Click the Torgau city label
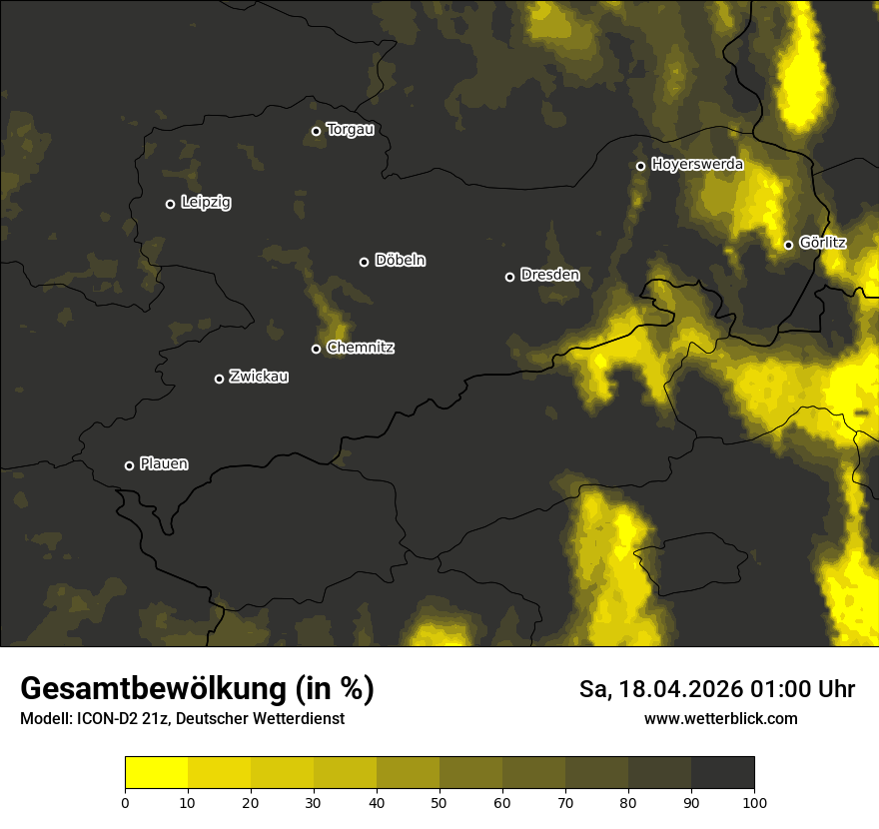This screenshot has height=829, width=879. [x=350, y=130]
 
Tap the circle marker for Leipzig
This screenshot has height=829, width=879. [x=170, y=204]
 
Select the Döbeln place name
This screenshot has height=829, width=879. [x=400, y=261]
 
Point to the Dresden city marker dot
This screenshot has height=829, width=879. [x=509, y=277]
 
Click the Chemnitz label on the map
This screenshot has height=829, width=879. [x=360, y=348]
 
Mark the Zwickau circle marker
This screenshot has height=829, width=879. [x=219, y=379]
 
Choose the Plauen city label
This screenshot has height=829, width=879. [x=164, y=463]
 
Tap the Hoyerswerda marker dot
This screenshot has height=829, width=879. [x=640, y=166]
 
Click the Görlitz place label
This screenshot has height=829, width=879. [x=823, y=243]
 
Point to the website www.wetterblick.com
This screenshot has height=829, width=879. [x=720, y=718]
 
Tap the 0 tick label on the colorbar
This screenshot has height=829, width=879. [x=125, y=802]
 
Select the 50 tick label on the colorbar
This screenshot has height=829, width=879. [x=439, y=802]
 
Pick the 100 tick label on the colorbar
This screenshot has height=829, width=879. [x=754, y=802]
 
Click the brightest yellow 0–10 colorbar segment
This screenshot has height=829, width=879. [x=157, y=773]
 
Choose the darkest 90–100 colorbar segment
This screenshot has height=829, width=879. [x=722, y=773]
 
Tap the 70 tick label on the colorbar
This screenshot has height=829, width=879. [x=565, y=802]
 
